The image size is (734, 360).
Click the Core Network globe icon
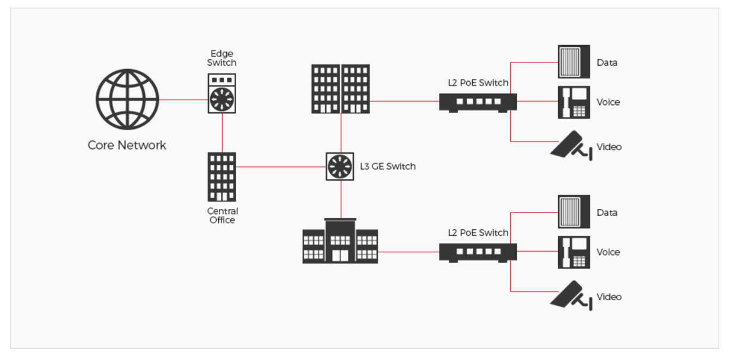(127, 100)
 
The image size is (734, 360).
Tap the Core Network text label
(127, 145)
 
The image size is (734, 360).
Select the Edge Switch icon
(222, 94)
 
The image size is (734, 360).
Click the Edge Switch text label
(222, 58)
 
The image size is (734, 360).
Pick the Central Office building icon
(222, 177)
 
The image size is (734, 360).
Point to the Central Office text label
(222, 215)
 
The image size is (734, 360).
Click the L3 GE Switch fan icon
(340, 166)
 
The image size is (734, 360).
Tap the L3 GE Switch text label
(387, 166)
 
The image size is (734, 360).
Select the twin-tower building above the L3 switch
(341, 89)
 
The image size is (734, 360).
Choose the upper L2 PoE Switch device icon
(478, 102)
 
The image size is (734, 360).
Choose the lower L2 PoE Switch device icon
(478, 252)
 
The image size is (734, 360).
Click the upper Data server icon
(574, 62)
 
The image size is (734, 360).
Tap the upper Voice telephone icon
(574, 102)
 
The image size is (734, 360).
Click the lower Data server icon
(574, 212)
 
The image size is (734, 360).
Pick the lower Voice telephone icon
(574, 252)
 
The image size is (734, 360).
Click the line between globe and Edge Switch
(183, 100)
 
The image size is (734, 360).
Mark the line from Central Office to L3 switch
(281, 166)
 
